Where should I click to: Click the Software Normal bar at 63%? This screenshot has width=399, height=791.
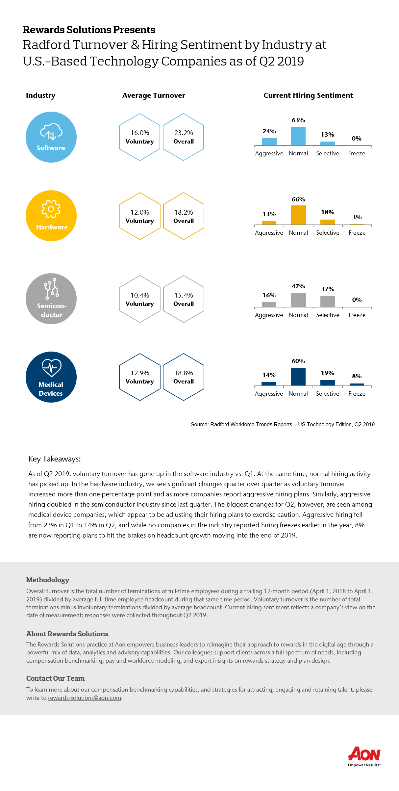(298, 136)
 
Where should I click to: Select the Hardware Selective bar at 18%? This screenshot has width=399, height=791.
(328, 222)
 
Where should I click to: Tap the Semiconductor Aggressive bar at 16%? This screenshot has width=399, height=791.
(269, 305)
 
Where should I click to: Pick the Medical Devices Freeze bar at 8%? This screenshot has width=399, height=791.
(357, 384)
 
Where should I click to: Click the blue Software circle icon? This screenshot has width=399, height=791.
(51, 137)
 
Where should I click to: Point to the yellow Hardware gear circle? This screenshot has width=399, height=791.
(51, 216)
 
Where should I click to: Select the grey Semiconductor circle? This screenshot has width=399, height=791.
(51, 299)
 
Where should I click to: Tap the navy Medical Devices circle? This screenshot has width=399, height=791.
(51, 377)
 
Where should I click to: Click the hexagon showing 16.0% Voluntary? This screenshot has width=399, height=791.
(140, 137)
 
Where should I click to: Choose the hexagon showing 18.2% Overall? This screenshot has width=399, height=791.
(184, 216)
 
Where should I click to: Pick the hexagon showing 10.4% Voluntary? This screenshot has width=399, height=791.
(140, 299)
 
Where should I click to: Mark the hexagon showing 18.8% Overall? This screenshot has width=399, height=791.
(184, 377)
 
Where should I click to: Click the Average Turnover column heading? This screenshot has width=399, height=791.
(154, 95)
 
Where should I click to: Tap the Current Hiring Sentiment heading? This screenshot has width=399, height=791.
(308, 95)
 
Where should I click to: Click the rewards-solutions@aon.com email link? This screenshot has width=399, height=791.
(85, 698)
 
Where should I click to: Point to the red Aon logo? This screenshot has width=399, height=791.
(364, 756)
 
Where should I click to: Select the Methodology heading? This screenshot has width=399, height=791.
(48, 580)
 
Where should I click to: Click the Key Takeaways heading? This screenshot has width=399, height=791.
(55, 459)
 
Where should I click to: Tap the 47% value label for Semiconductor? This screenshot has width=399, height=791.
(298, 286)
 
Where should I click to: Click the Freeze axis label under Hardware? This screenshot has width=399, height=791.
(357, 233)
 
